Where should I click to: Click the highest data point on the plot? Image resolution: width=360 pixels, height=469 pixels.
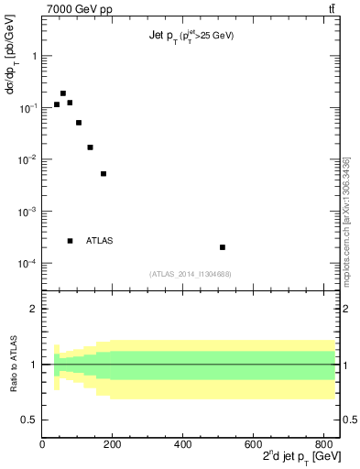coord(63,93)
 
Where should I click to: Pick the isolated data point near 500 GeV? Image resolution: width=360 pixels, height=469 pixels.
coord(223,247)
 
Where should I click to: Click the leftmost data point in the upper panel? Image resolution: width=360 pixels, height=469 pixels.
coord(56,104)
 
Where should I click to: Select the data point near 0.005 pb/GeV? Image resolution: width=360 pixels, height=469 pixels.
coord(104,173)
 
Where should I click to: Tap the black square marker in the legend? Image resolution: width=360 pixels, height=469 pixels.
coord(70,241)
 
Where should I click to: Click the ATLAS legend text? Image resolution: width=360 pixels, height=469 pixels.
coord(100,241)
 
